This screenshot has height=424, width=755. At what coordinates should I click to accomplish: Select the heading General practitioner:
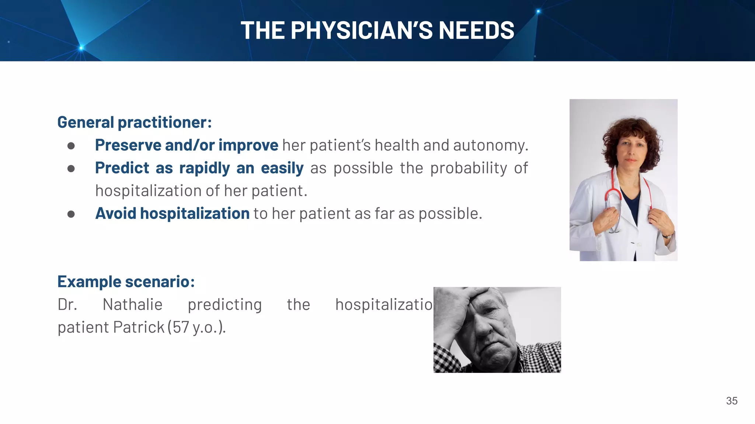(x=135, y=122)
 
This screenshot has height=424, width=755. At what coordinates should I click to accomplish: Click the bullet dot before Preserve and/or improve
(x=71, y=146)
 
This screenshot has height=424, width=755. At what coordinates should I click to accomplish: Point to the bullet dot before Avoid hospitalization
(x=71, y=214)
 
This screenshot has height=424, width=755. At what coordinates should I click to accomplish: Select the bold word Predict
(x=122, y=168)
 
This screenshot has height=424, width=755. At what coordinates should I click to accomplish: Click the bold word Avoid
(x=115, y=213)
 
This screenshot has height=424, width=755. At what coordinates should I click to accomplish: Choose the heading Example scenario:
(x=126, y=282)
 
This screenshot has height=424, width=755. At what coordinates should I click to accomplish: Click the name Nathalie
(x=132, y=304)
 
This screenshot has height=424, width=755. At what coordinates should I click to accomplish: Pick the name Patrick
(x=139, y=327)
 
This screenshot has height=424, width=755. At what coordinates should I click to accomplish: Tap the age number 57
(x=181, y=327)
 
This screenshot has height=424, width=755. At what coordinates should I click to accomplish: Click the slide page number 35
(x=731, y=401)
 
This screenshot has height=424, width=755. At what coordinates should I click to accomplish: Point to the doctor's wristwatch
(x=668, y=236)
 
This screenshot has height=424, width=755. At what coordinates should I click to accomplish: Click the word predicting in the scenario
(x=225, y=304)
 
